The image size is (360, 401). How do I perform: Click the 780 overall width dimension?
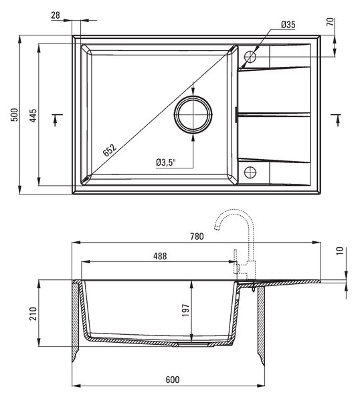tap(197, 237)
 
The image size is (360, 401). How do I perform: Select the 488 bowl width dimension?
tap(160, 256)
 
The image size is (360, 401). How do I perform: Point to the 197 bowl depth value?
tap(185, 310)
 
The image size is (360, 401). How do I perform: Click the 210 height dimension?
tap(33, 313)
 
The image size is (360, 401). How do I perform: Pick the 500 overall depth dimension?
tap(15, 115)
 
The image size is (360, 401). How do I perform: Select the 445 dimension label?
tap(33, 116)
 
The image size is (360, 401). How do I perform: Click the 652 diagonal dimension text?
tap(110, 150)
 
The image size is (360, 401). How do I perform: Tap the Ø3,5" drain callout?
tap(166, 162)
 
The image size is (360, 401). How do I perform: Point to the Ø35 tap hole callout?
tap(288, 25)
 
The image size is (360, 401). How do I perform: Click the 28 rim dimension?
tap(56, 15)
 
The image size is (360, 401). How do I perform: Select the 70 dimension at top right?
tap(331, 21)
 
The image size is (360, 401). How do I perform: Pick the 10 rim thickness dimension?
tap(339, 251)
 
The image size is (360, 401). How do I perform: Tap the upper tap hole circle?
tap(250, 51)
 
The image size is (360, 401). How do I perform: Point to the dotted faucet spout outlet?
tap(217, 228)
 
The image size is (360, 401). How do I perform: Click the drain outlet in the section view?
tap(192, 345)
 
